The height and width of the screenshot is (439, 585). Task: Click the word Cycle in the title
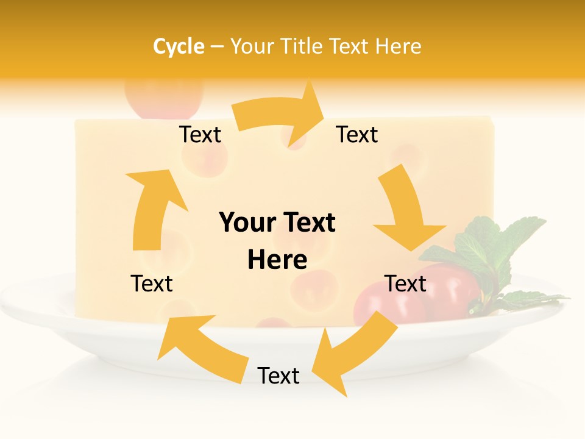click(x=179, y=46)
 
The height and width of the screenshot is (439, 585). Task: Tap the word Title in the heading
click(x=301, y=46)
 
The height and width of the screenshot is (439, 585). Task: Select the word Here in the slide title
click(x=397, y=46)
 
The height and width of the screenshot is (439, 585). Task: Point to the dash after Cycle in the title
click(x=217, y=47)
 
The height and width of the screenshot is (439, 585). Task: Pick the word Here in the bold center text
click(x=277, y=260)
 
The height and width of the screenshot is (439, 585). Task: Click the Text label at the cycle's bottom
click(x=278, y=376)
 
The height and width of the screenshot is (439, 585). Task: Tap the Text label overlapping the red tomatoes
click(x=406, y=284)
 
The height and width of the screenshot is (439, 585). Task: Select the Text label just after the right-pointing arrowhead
click(x=357, y=134)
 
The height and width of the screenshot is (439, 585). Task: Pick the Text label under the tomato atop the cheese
click(x=200, y=134)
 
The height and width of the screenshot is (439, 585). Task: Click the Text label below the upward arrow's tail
click(x=152, y=284)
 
